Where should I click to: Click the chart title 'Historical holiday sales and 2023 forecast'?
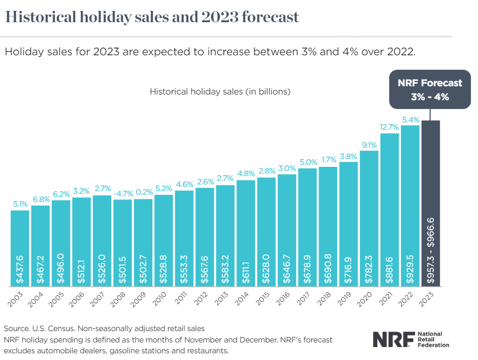point(152,17)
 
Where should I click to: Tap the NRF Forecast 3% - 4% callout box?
point(430,89)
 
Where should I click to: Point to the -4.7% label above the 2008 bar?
point(122,193)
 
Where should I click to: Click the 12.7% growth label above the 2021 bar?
point(390,127)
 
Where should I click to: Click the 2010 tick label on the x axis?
point(161,298)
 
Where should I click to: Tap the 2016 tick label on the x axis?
point(283,298)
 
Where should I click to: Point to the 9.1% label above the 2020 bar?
point(369,145)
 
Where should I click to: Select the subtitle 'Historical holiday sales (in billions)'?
point(220,92)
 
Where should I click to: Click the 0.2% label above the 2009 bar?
point(143,193)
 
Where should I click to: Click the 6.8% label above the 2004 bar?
point(40,199)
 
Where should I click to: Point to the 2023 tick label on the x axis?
point(427,298)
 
